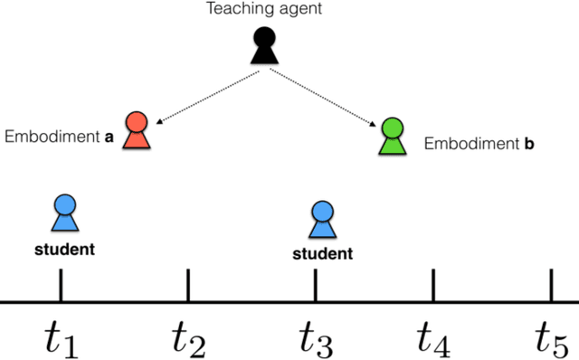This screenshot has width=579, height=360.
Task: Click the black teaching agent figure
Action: (x=263, y=47)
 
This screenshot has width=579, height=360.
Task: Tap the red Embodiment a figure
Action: (x=137, y=131)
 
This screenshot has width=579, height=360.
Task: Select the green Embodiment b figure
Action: (x=393, y=136)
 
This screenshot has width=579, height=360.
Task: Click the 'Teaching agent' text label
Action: (x=263, y=10)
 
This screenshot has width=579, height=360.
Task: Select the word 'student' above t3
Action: (x=323, y=253)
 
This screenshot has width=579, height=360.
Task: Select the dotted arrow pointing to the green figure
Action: (x=325, y=96)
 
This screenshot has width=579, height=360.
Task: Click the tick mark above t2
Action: (x=187, y=284)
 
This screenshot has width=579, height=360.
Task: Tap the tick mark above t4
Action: (x=433, y=284)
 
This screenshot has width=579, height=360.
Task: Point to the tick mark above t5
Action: (x=551, y=284)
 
